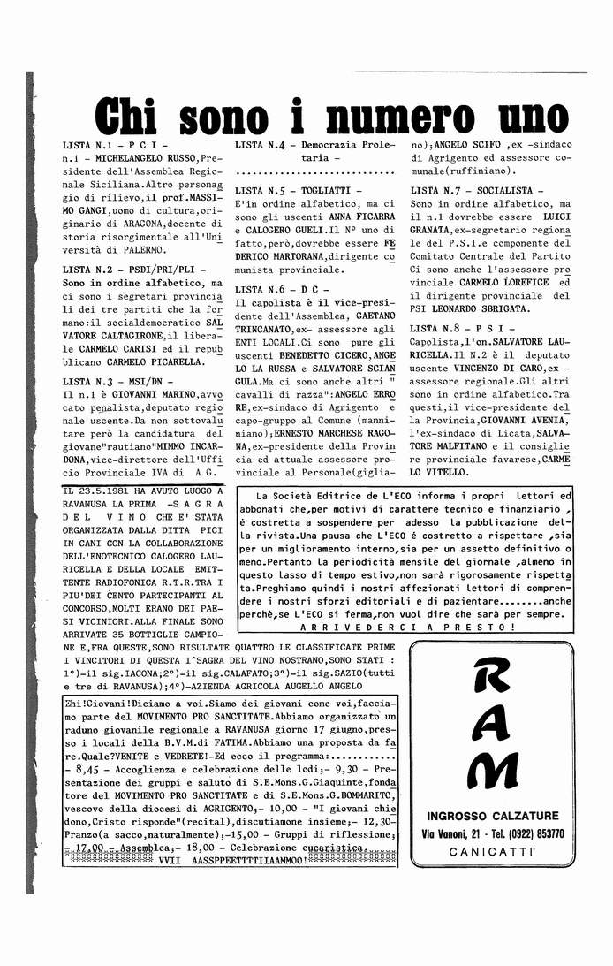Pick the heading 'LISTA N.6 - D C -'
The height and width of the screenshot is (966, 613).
tap(282, 289)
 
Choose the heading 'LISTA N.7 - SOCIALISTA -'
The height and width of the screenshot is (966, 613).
tap(477, 190)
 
